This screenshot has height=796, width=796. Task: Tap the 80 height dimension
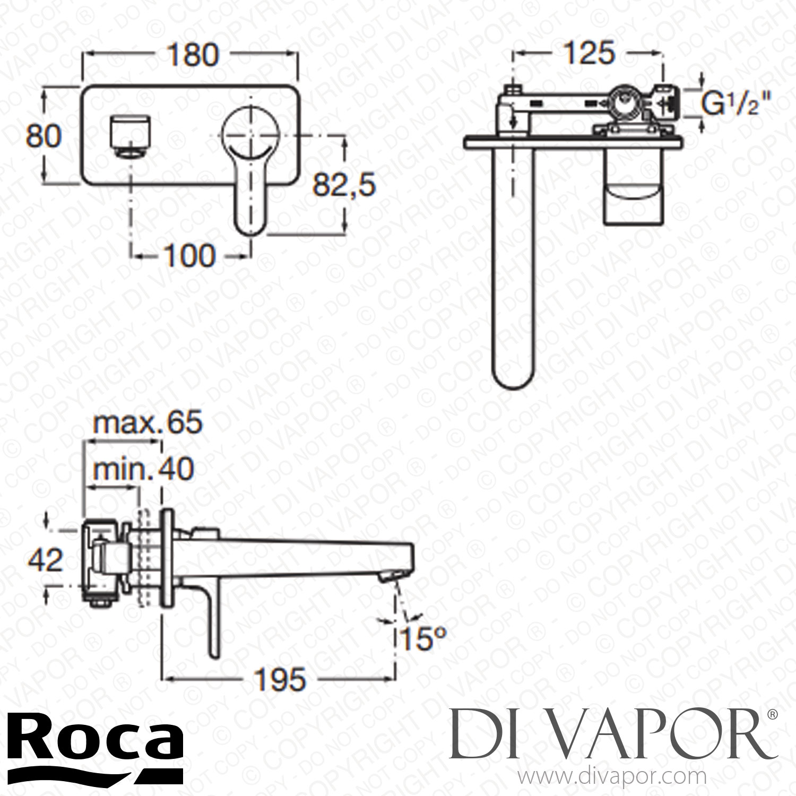44,136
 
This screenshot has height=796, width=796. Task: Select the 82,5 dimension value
343,185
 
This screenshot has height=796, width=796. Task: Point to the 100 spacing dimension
189,256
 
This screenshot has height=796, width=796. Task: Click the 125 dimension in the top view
589,54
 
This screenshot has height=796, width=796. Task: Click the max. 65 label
147,423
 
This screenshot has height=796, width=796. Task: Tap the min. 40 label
143,469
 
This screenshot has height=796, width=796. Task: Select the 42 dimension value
46,560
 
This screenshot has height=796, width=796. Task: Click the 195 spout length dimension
280,679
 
